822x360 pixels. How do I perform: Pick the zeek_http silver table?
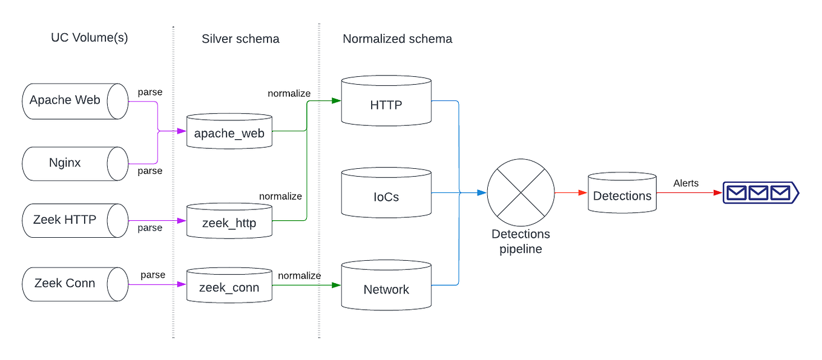click(229, 222)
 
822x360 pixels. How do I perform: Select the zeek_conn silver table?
click(229, 286)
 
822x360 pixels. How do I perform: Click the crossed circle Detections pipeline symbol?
click(521, 192)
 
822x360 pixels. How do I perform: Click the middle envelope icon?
click(758, 193)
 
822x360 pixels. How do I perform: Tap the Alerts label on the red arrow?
click(686, 183)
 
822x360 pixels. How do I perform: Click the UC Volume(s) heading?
click(90, 38)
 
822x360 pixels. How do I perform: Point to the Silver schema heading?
click(240, 39)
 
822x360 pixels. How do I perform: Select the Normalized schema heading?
click(397, 39)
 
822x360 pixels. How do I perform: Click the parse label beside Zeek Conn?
click(153, 275)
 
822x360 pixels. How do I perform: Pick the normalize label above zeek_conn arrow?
click(299, 275)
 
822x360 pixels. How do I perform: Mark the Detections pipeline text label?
click(521, 241)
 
